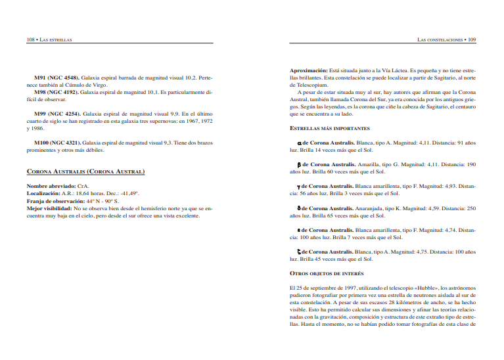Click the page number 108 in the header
coord(30,39)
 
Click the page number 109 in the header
coord(472,39)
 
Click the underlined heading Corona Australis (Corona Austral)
coord(85,172)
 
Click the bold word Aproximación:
coord(308,70)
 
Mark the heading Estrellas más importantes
coord(329,129)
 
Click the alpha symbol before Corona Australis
coord(300,143)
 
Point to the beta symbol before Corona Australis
coord(300,165)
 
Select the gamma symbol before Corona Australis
coord(300,187)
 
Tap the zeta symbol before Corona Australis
coord(300,252)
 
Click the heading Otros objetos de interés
coord(327,273)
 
